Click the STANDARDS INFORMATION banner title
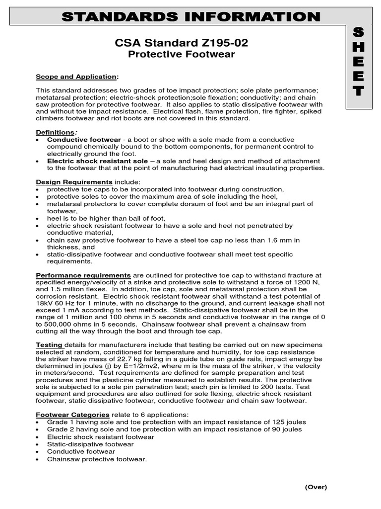pos(190,16)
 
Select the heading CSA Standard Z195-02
pos(181,43)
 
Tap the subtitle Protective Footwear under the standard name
pos(181,55)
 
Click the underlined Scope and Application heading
pos(77,77)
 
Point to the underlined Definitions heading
pos(55,132)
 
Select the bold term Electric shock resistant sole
pos(97,161)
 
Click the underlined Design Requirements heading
pos(74,182)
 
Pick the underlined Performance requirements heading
pos(83,275)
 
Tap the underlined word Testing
pos(49,344)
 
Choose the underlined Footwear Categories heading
pos(72,415)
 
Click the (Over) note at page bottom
pos(316,487)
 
